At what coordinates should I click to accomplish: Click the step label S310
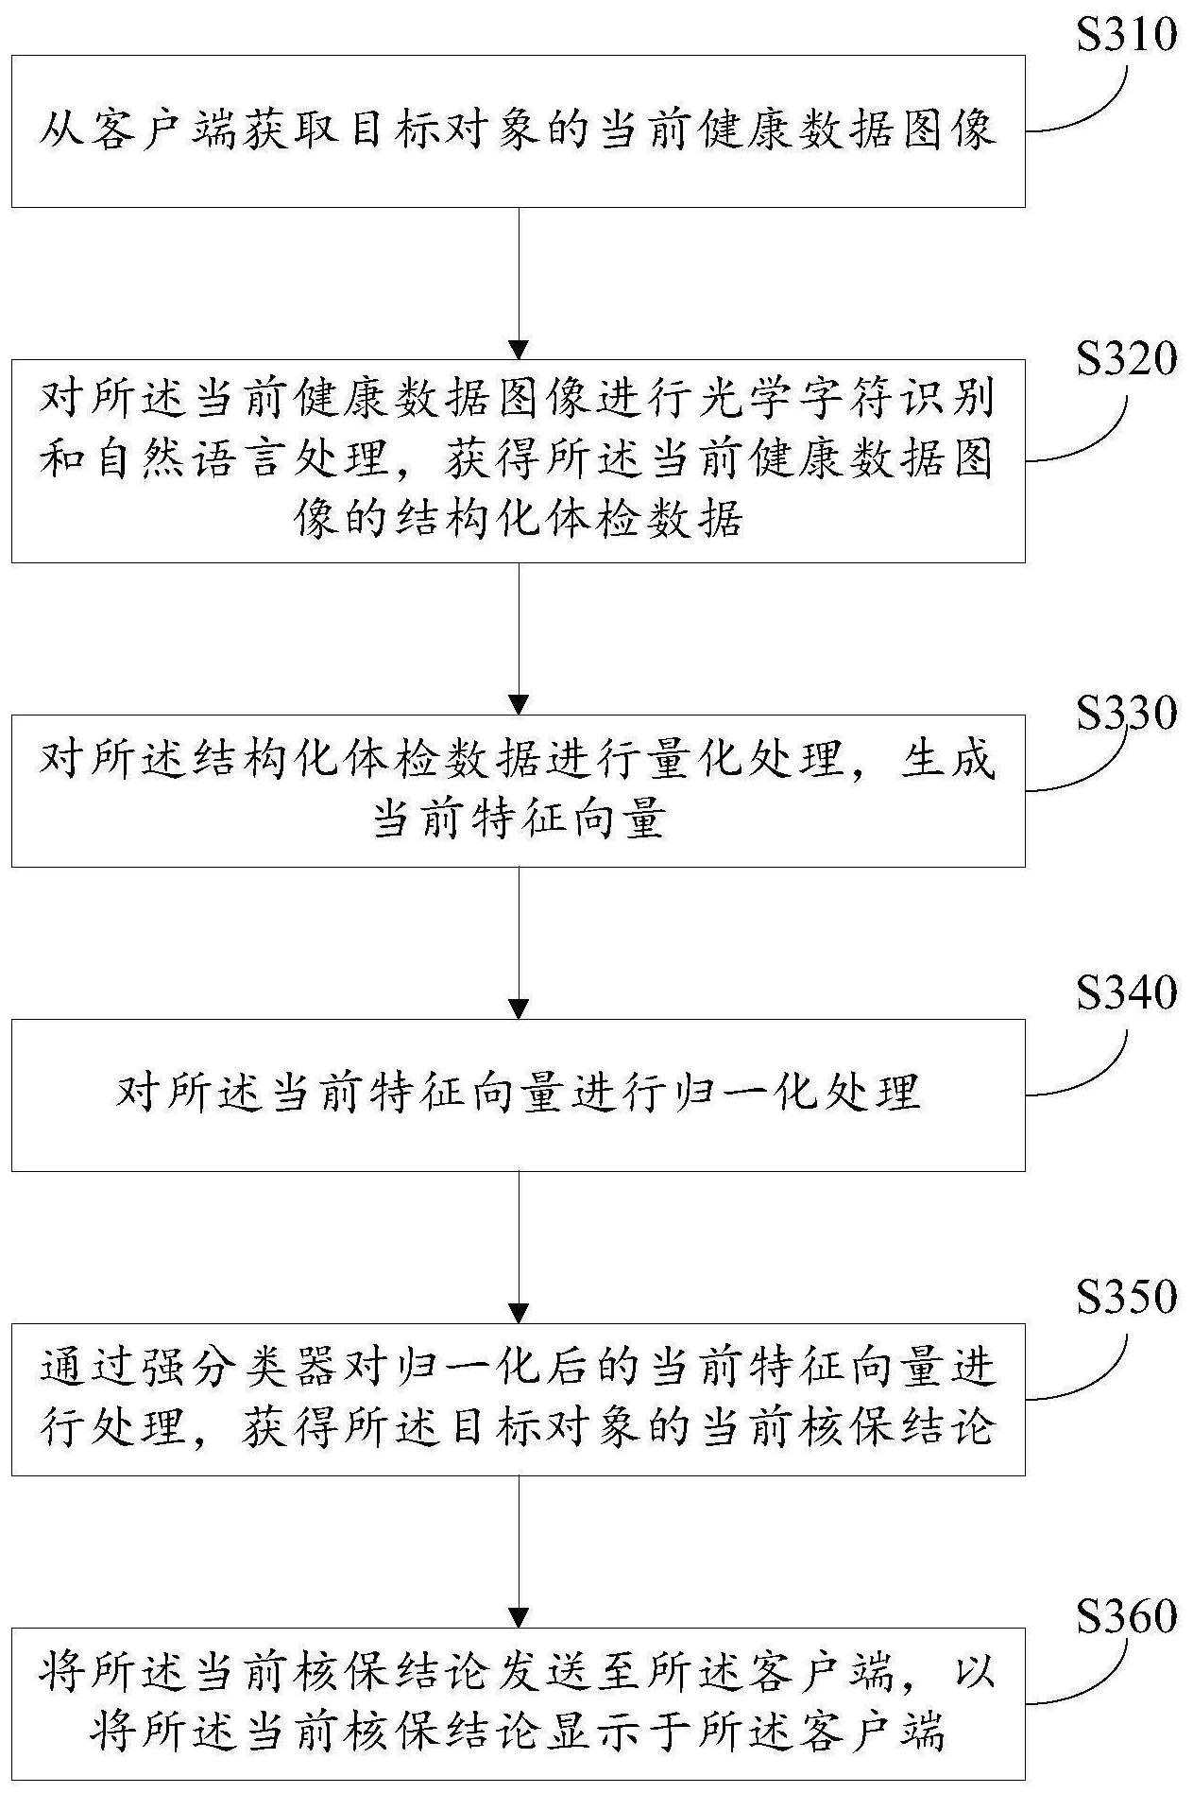1126,36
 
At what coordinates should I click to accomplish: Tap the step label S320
1126,360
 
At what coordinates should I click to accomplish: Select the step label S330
1126,714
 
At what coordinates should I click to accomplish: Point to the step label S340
1126,993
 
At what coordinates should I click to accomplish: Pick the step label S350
1126,1298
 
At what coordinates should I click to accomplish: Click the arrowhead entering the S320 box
519,349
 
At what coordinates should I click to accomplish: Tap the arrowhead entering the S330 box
519,704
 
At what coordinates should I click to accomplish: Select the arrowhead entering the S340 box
519,1009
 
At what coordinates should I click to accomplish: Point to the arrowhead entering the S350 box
519,1313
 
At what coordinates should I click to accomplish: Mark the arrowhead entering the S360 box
519,1617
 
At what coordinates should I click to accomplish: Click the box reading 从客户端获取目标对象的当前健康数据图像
518,130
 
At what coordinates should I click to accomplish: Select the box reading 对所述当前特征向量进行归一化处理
518,1095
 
